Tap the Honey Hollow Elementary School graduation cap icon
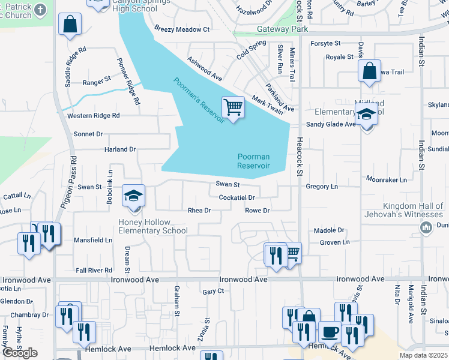click(x=134, y=196)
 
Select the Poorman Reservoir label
click(x=253, y=161)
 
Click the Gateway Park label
click(x=282, y=29)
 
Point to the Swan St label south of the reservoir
click(x=229, y=185)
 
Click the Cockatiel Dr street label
click(x=237, y=197)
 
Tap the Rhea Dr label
click(x=199, y=211)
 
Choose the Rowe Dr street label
click(x=258, y=211)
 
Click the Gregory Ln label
click(x=322, y=187)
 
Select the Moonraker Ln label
click(x=387, y=179)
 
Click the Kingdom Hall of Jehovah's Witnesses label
click(x=404, y=210)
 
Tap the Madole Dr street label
click(x=329, y=230)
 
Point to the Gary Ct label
click(x=213, y=292)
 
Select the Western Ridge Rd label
click(x=94, y=115)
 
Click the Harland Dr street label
click(x=120, y=149)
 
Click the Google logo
click(x=20, y=353)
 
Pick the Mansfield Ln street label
click(x=92, y=240)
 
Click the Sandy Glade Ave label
click(x=331, y=124)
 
